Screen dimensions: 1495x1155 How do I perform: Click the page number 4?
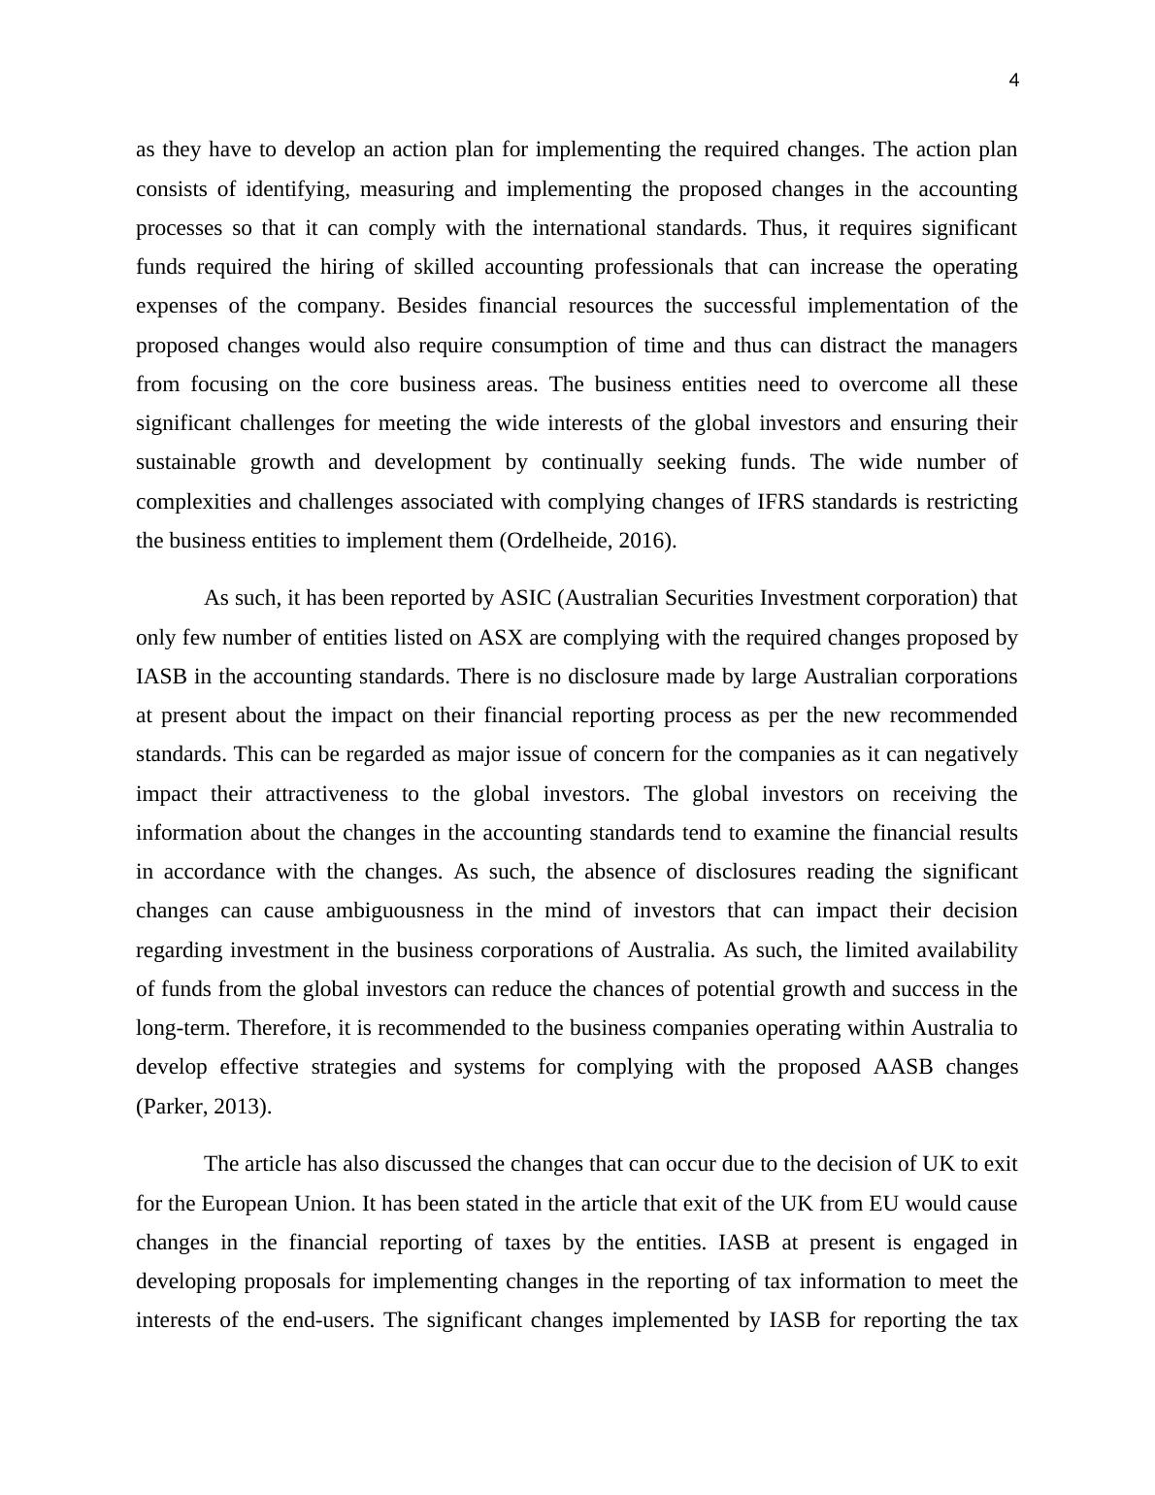pyautogui.click(x=1013, y=81)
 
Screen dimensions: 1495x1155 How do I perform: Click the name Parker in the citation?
pyautogui.click(x=172, y=1106)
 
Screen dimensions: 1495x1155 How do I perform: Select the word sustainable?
pyautogui.click(x=185, y=462)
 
